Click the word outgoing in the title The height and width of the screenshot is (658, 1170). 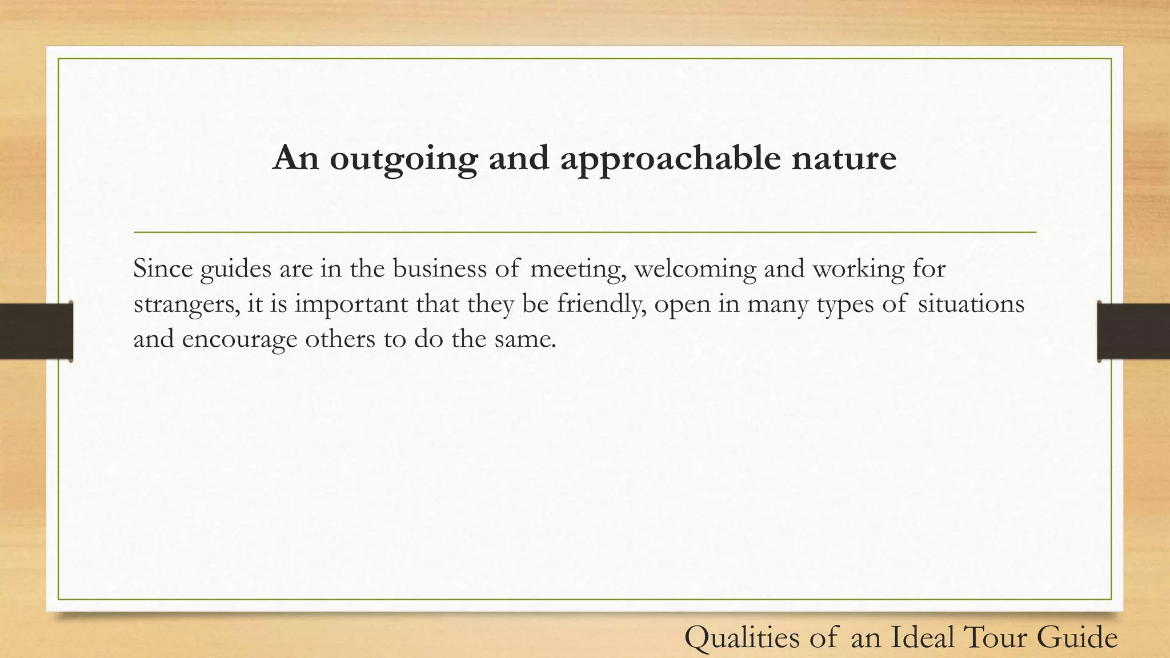403,159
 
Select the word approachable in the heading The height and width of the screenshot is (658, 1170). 670,159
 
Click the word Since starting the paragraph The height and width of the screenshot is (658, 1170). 163,268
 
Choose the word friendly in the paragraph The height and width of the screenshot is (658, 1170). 601,304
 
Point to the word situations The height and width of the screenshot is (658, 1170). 971,304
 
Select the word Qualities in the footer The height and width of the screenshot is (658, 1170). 742,637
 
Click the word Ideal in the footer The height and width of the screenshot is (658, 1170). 923,637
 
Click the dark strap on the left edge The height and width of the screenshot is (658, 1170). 36,331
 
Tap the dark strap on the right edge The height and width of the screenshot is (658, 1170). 1133,331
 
